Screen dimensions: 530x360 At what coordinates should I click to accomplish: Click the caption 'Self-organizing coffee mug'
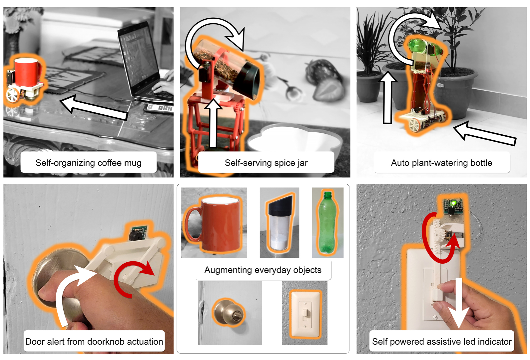click(x=89, y=163)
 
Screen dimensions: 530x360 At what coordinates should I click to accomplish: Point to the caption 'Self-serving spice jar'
click(x=266, y=163)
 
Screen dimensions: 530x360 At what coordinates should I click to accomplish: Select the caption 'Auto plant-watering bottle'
click(x=441, y=163)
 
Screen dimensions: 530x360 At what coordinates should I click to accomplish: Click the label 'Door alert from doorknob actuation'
click(x=94, y=342)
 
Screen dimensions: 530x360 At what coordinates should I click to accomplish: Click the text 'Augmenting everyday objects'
click(x=263, y=270)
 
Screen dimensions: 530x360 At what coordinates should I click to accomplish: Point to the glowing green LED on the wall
click(x=454, y=203)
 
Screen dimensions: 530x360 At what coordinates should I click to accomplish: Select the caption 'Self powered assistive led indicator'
click(x=442, y=342)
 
